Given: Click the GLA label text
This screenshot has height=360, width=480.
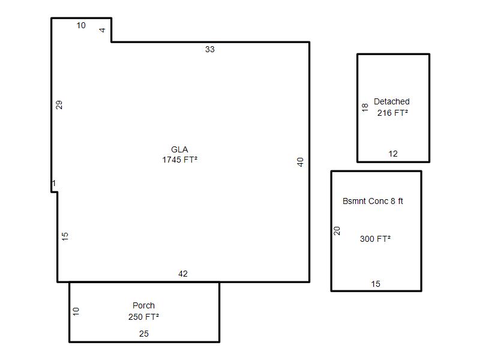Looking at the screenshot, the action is (x=179, y=149).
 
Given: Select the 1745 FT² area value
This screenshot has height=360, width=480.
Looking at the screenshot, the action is (x=179, y=160).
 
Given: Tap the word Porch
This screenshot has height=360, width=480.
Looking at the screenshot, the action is (x=143, y=305).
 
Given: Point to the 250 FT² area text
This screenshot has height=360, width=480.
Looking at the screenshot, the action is (x=143, y=317).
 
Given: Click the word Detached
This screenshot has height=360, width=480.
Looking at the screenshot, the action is (x=392, y=101).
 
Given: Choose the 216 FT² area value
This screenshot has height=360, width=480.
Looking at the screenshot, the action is (x=392, y=113).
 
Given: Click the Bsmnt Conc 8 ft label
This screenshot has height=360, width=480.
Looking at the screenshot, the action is (x=373, y=201).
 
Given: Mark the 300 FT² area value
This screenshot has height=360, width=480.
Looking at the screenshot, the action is (x=375, y=239).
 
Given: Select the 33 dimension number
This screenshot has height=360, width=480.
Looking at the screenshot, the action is (x=209, y=49).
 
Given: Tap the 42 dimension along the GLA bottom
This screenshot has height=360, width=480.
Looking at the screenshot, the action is (x=183, y=274).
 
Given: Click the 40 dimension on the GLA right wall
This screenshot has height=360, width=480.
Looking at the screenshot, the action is (x=300, y=162).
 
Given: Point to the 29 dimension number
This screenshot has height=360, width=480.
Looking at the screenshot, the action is (x=59, y=104).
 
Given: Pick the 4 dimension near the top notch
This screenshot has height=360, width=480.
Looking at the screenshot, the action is (x=102, y=30).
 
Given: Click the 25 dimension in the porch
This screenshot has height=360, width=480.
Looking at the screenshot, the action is (x=143, y=334).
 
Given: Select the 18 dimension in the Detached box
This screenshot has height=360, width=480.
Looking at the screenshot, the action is (x=365, y=107).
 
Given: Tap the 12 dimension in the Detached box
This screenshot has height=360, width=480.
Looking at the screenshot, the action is (x=393, y=154).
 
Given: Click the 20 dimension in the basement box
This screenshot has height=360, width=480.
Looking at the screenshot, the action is (x=337, y=231).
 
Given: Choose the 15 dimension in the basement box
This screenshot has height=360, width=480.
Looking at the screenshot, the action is (x=376, y=284).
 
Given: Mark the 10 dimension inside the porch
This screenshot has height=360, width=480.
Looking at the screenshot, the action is (x=76, y=311).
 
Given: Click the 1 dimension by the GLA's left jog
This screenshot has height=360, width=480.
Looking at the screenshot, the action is (x=54, y=184).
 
